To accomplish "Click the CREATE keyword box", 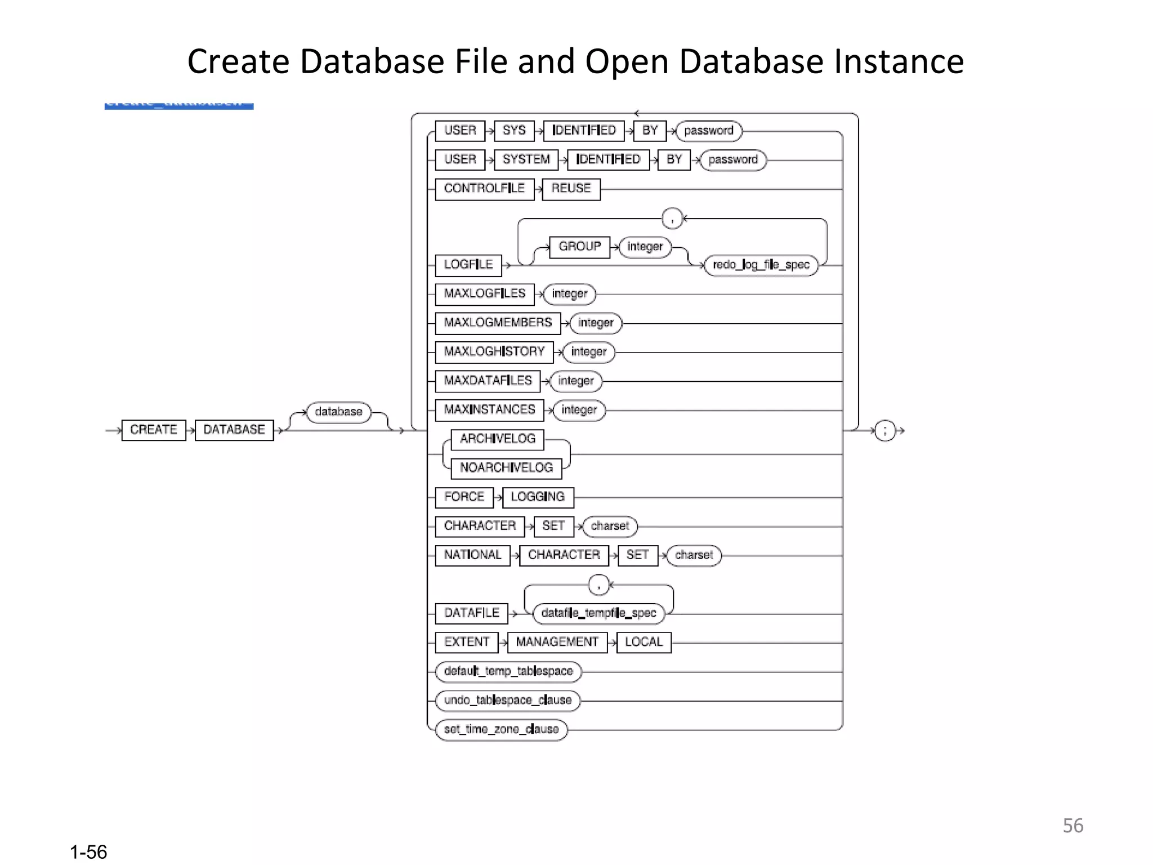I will pyautogui.click(x=154, y=430).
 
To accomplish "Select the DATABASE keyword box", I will pyautogui.click(x=234, y=430).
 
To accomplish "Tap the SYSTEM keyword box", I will pyautogui.click(x=526, y=160).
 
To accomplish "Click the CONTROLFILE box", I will pyautogui.click(x=484, y=189).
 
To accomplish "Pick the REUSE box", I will pyautogui.click(x=571, y=189).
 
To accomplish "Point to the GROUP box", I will pyautogui.click(x=579, y=247).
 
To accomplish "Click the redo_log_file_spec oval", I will pyautogui.click(x=761, y=265).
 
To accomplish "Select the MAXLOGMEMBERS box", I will pyautogui.click(x=498, y=323).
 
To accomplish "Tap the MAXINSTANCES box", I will pyautogui.click(x=489, y=410).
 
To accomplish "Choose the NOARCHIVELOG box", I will pyautogui.click(x=506, y=468).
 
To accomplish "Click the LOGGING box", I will pyautogui.click(x=538, y=497).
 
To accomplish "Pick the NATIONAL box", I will pyautogui.click(x=472, y=555).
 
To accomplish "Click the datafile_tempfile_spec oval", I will pyautogui.click(x=598, y=613).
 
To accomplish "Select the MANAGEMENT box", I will pyautogui.click(x=557, y=642).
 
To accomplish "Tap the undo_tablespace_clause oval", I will pyautogui.click(x=508, y=701).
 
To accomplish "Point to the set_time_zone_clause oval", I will pyautogui.click(x=501, y=729).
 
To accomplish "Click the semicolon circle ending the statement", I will pyautogui.click(x=885, y=431).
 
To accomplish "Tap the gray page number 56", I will pyautogui.click(x=1072, y=826).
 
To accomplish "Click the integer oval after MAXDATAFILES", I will pyautogui.click(x=576, y=381).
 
